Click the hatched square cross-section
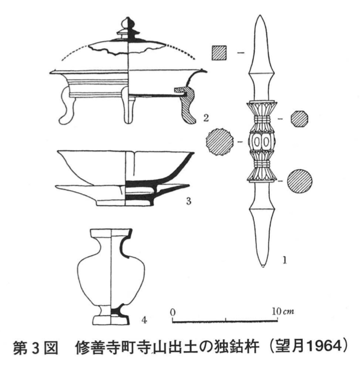[x=219, y=53]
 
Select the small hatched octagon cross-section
[x=299, y=119]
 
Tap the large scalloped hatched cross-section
[x=220, y=141]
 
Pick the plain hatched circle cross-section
[x=300, y=181]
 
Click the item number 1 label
[x=284, y=260]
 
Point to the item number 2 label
[x=205, y=118]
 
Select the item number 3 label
[x=189, y=201]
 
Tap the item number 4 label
[x=144, y=320]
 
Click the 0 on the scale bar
[x=173, y=312]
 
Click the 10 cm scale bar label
[x=283, y=311]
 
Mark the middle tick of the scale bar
[x=226, y=320]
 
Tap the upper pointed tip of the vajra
[x=261, y=15]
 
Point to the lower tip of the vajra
[x=263, y=266]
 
